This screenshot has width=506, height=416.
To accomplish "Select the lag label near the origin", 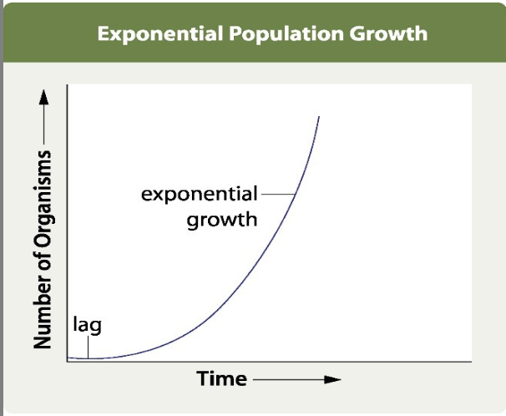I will click(x=87, y=323).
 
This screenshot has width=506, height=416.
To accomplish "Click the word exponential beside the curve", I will click(x=200, y=195).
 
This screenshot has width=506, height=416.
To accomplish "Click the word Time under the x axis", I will click(x=222, y=378).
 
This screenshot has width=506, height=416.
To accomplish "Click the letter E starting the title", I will click(x=104, y=34).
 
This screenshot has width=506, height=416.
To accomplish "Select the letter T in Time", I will click(x=203, y=378).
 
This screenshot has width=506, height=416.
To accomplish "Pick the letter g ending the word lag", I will click(x=95, y=325).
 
